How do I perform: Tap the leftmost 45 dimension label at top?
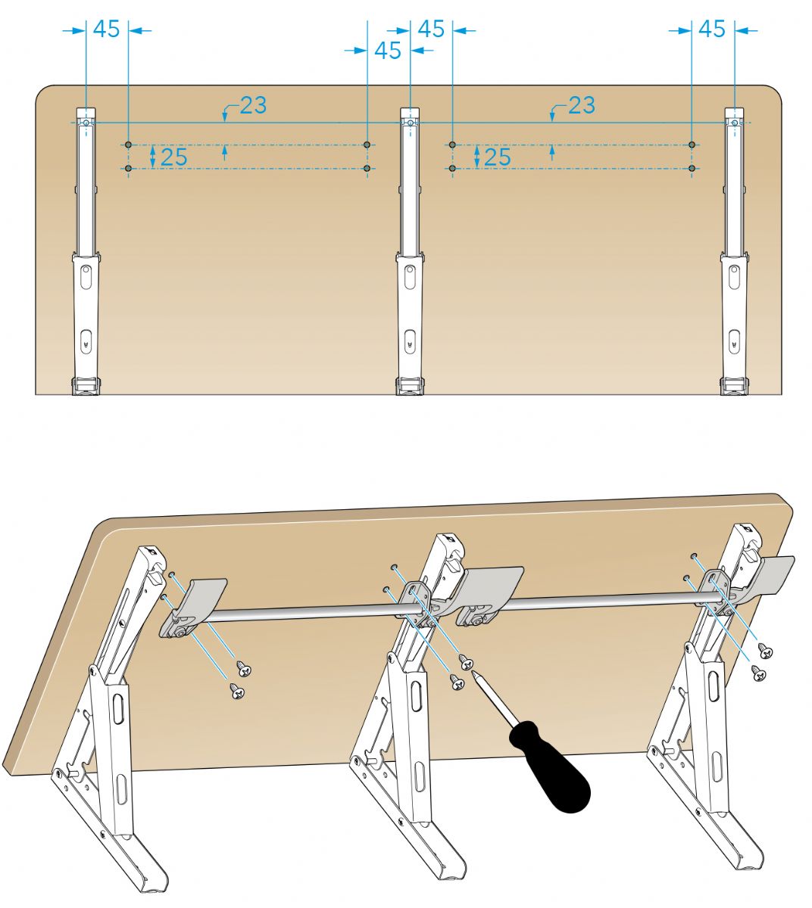pos(106,29)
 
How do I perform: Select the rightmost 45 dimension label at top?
pos(712,29)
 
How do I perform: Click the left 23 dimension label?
pos(253,105)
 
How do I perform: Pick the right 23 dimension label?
pos(582,105)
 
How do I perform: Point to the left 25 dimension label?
pos(174,157)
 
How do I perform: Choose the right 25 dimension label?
pos(498,157)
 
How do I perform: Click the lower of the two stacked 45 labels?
pos(388,51)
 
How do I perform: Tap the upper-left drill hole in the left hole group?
pos(129,145)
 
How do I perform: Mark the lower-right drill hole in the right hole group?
pos(692,169)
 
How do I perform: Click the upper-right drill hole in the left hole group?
pos(367,145)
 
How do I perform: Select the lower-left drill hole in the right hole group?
pos(453,169)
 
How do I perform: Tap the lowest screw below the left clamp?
pos(237,691)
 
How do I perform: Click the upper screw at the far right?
pos(765,650)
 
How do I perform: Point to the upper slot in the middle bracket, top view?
pos(409,276)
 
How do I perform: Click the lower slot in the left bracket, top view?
pos(86,341)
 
